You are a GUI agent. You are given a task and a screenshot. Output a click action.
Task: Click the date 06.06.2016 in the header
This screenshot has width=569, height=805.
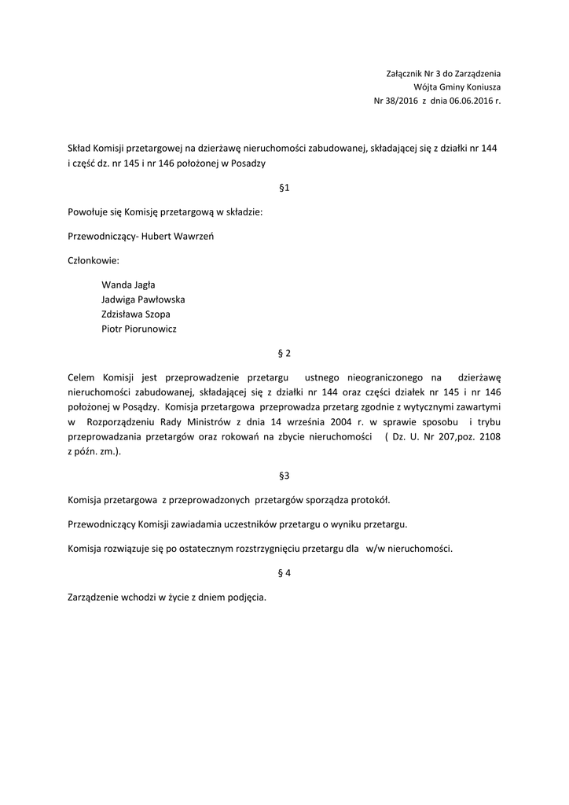(472, 101)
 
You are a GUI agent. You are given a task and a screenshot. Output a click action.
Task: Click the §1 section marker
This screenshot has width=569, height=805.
(284, 188)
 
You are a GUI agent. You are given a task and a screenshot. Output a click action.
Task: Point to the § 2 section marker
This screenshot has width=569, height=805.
(284, 353)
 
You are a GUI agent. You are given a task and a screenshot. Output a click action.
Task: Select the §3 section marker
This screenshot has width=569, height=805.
(284, 476)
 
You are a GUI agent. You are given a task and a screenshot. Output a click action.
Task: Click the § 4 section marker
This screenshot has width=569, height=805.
(284, 573)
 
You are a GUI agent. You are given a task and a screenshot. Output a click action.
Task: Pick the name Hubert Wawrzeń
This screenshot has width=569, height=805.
(180, 236)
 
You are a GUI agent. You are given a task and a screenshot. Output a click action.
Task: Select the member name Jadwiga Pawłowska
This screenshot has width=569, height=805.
(143, 299)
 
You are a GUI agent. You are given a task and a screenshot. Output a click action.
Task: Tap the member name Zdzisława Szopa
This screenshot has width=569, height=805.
(135, 314)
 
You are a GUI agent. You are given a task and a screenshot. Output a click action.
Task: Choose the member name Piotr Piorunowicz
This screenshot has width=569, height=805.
(139, 329)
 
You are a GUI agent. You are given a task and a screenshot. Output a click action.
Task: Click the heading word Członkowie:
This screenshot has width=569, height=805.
(94, 259)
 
